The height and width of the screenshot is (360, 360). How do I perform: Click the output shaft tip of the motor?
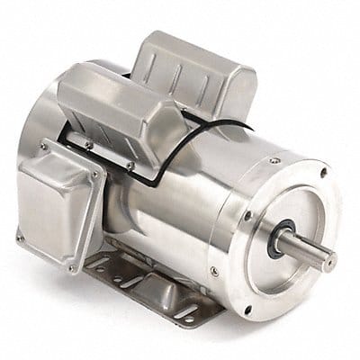[332, 261]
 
